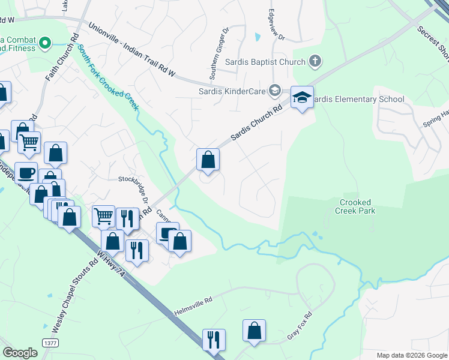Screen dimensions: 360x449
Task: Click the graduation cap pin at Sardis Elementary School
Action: (x=302, y=97)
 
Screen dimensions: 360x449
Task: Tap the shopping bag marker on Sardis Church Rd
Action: (x=208, y=160)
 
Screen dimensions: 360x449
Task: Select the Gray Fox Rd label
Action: (x=300, y=326)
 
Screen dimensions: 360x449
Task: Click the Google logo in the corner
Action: (x=20, y=352)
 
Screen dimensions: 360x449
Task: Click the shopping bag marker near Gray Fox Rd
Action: (x=254, y=331)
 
